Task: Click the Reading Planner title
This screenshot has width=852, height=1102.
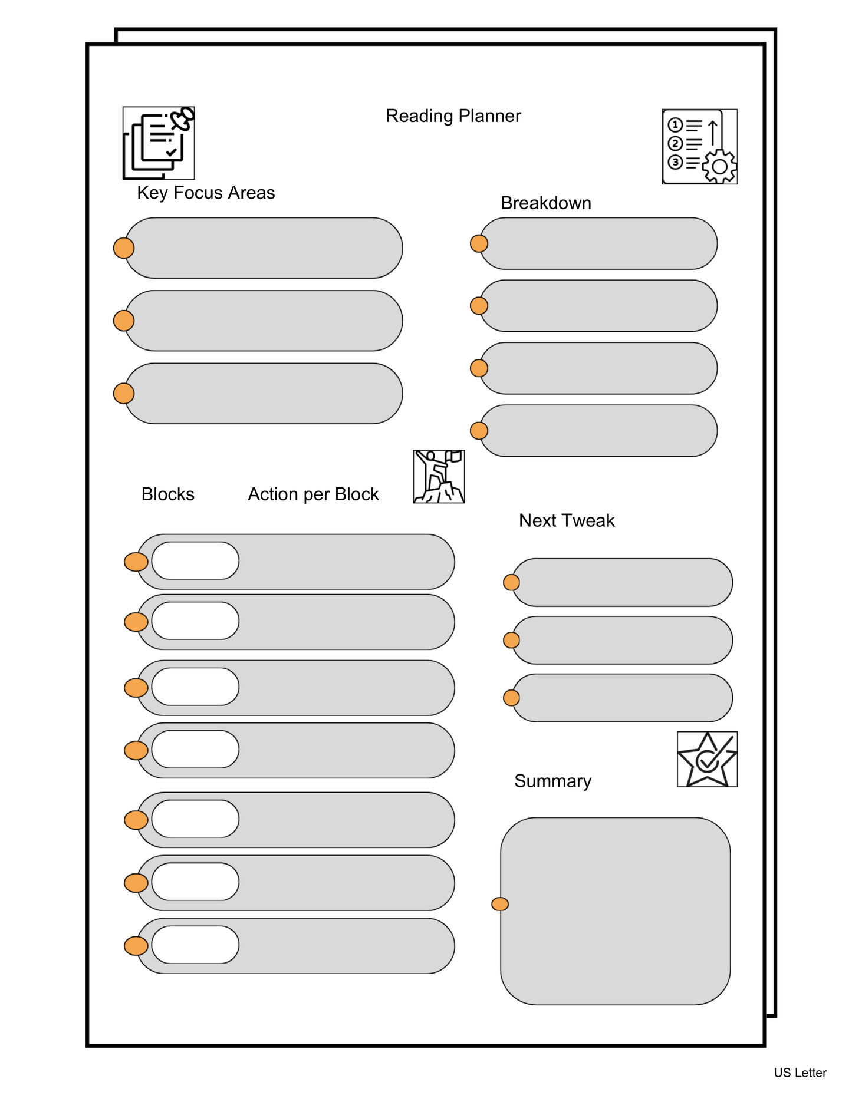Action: tap(453, 116)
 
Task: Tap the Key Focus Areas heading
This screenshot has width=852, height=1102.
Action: tap(206, 193)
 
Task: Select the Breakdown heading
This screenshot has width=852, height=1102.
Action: tap(545, 203)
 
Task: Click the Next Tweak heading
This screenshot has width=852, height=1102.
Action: tap(566, 520)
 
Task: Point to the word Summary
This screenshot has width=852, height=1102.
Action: tap(552, 781)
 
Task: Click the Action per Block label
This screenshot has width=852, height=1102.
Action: tap(313, 494)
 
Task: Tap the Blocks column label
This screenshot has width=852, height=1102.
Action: tap(167, 494)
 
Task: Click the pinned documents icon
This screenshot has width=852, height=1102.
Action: tap(159, 143)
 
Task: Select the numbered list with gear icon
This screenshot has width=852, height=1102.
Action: tap(699, 147)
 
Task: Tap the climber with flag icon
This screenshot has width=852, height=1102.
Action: tap(439, 477)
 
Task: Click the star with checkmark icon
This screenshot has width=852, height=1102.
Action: tap(707, 759)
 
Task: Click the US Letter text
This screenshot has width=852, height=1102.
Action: tap(800, 1073)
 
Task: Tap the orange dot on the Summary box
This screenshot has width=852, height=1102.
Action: tap(500, 904)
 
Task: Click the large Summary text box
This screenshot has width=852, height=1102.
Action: tap(616, 911)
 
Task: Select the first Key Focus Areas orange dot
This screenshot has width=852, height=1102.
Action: tap(124, 248)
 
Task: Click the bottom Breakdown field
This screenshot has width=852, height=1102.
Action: tap(598, 431)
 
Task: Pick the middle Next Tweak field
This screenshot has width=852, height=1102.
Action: tap(622, 640)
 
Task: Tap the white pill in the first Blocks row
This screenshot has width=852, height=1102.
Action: tap(195, 560)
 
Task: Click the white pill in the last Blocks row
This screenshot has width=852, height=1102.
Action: tap(195, 945)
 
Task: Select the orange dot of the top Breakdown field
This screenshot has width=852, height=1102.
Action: tap(479, 243)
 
